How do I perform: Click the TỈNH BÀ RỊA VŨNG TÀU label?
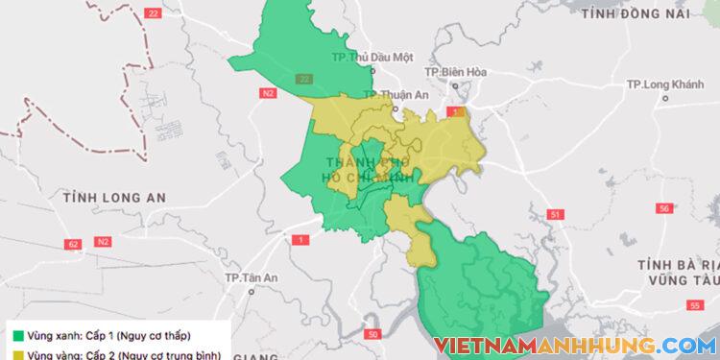click(678, 271)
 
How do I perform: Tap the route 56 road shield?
click(663, 207)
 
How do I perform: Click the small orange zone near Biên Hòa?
click(459, 112)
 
